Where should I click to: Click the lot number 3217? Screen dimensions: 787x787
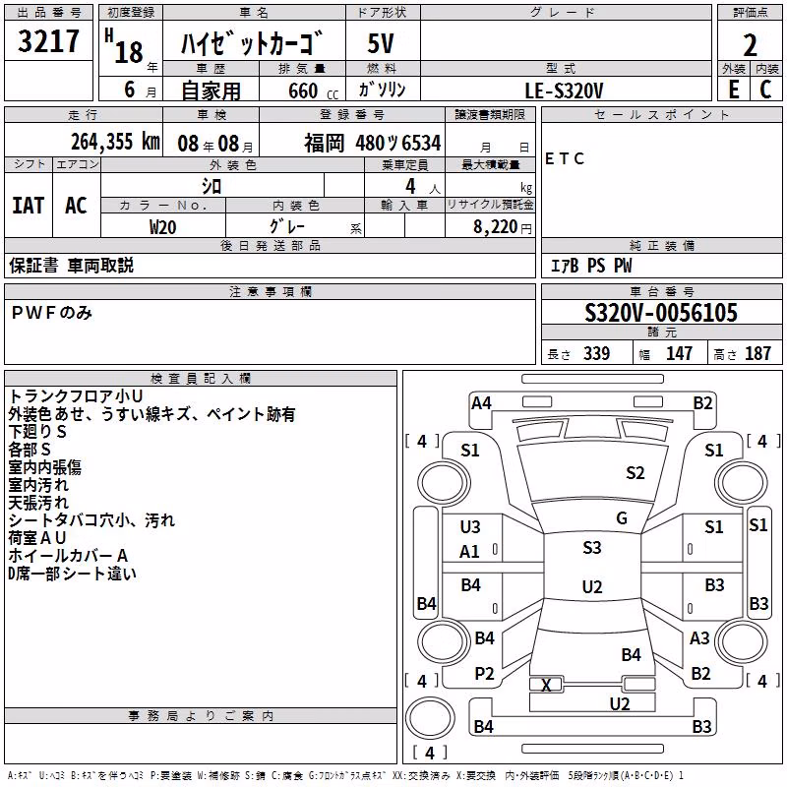(48, 40)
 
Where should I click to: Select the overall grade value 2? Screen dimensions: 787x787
(750, 45)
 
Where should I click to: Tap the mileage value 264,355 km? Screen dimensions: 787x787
(115, 142)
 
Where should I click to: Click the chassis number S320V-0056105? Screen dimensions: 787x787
(661, 312)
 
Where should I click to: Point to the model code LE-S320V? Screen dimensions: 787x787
(564, 91)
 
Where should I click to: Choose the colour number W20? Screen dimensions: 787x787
(162, 227)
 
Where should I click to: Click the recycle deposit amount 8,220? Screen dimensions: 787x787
(496, 226)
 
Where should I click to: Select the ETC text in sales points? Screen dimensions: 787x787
(565, 158)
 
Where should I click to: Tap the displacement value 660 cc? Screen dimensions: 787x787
(313, 91)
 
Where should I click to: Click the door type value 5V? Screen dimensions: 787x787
(381, 43)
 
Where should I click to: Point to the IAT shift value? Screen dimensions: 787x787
(29, 206)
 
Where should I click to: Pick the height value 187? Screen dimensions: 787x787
(757, 353)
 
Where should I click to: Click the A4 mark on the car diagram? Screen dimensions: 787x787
(481, 403)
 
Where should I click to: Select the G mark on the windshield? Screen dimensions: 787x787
(622, 518)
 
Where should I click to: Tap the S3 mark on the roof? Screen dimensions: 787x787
(592, 547)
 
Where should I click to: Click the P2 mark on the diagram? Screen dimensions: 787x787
(484, 674)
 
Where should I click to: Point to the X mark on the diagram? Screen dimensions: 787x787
(546, 685)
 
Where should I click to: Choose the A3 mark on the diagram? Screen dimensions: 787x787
(699, 637)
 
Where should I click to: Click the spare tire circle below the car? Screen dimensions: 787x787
(430, 718)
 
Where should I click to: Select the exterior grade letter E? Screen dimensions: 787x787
(734, 90)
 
